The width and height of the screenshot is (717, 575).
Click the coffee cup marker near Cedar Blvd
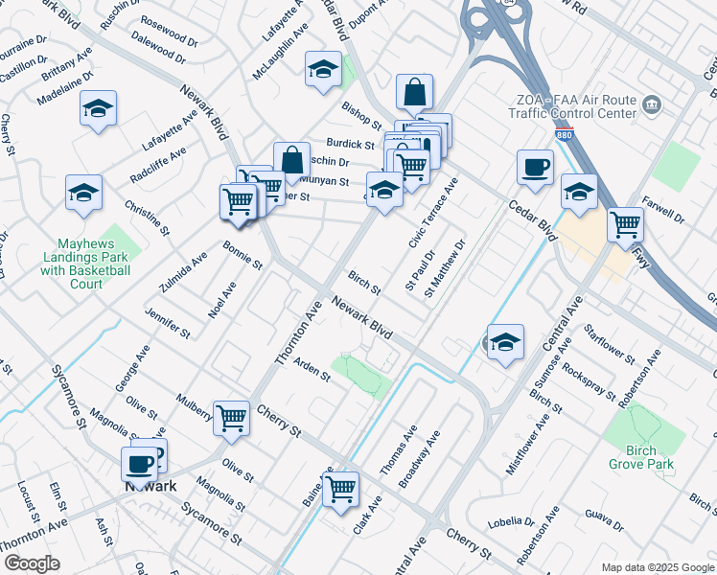tap(535, 167)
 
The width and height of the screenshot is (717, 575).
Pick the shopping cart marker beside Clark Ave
tap(340, 489)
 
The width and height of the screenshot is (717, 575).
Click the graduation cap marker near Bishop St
tap(324, 70)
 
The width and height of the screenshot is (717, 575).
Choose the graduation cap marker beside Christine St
tap(83, 193)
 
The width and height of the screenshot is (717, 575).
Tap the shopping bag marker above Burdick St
tap(415, 93)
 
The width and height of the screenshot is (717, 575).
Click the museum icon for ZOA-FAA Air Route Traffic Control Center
tap(653, 103)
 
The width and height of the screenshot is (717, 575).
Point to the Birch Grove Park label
tap(641, 457)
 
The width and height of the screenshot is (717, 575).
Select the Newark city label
tap(151, 485)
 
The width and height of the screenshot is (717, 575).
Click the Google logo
tap(32, 563)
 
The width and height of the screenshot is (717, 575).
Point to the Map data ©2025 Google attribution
tap(657, 567)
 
